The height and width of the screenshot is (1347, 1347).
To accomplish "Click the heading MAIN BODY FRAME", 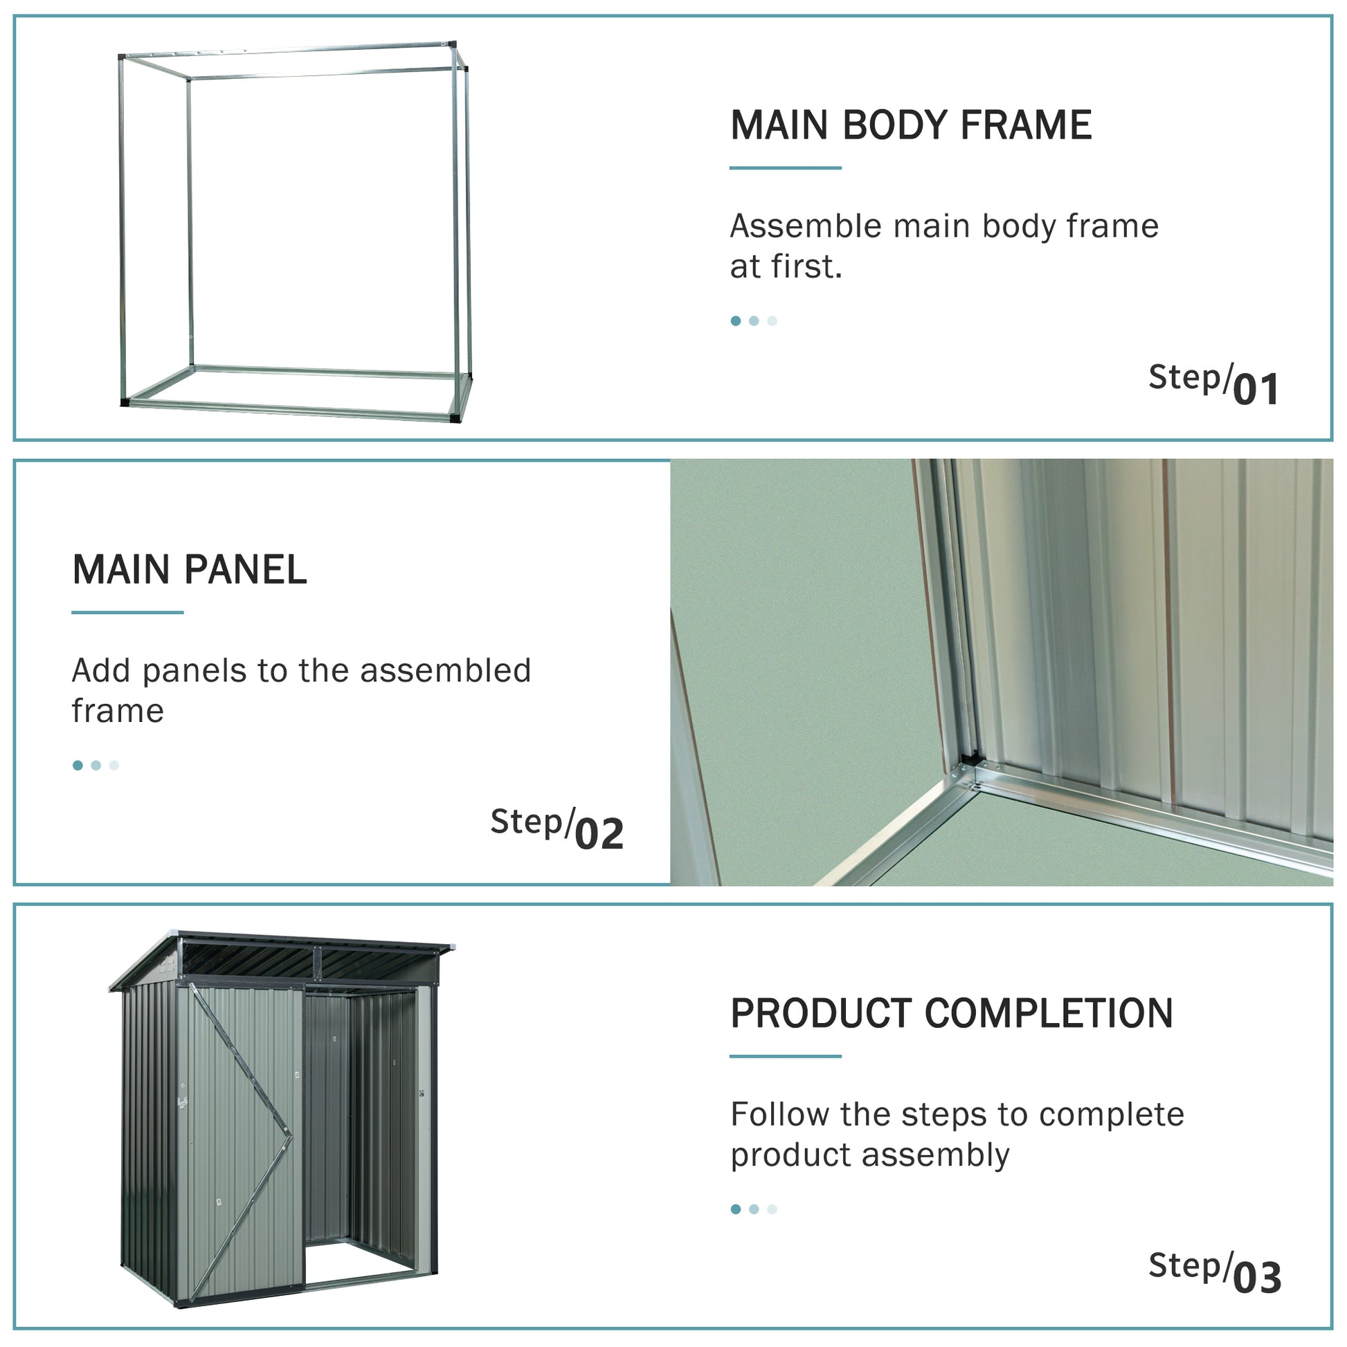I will coord(910,125).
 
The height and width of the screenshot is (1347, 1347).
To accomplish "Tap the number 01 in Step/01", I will coord(1256,390).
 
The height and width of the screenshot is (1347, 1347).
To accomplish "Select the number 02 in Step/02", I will coord(599,834).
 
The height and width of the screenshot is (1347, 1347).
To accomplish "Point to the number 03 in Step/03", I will coord(1257,1278).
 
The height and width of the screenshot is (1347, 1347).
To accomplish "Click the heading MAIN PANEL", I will coord(190,570).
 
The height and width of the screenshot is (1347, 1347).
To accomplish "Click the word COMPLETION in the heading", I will coord(1049,1014).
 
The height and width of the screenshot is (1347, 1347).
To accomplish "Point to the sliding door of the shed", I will coord(241,1143).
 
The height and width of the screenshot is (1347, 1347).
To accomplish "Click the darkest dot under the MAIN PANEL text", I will coord(78,766).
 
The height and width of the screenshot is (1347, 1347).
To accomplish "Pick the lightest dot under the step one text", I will coord(772,321).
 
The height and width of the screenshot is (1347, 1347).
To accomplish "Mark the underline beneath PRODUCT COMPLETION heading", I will coord(785,1056).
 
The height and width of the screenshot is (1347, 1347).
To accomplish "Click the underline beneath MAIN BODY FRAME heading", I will coord(785,168).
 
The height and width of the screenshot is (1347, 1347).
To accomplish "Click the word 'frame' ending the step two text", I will coord(117,711).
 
